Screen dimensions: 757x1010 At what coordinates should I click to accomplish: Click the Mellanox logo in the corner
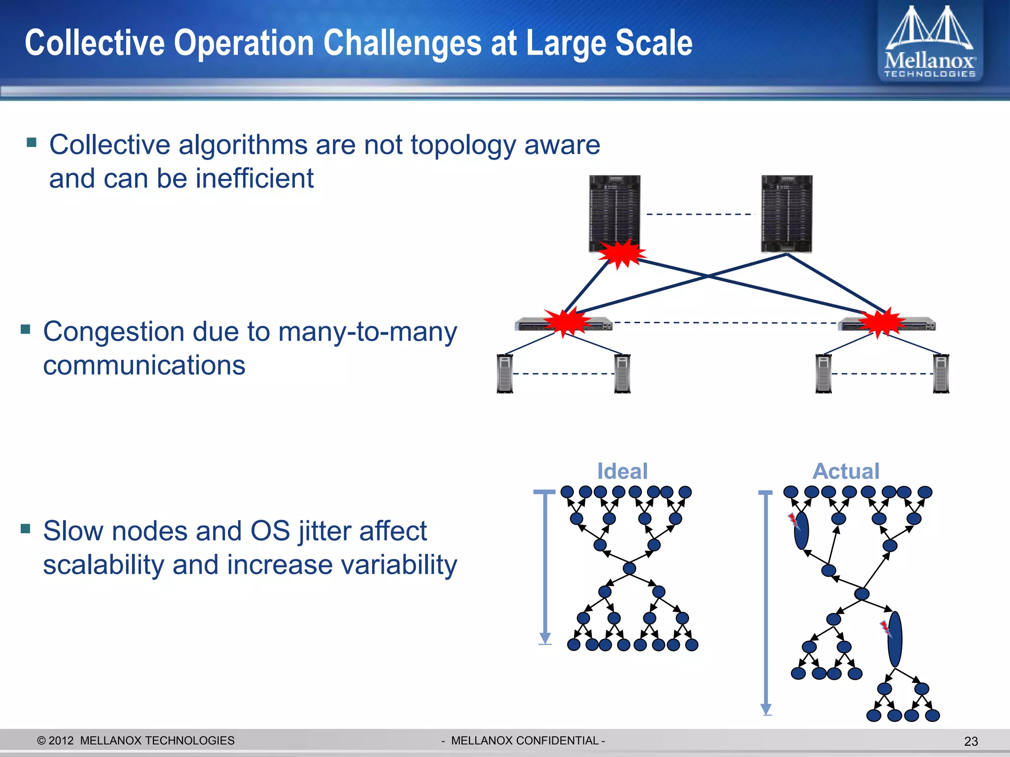tap(930, 42)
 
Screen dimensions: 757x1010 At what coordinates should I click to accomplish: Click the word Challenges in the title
tap(401, 43)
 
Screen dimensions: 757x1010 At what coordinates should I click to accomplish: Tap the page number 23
tap(971, 741)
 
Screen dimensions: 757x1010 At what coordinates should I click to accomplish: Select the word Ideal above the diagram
tap(622, 471)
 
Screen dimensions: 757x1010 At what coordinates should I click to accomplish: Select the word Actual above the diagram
tap(846, 471)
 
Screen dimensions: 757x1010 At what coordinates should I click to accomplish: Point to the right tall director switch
tap(787, 214)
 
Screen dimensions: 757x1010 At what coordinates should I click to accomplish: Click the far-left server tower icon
tap(505, 374)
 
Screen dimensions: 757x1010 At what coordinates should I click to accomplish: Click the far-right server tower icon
tap(941, 374)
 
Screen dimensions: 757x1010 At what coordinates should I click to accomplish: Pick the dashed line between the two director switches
tap(700, 214)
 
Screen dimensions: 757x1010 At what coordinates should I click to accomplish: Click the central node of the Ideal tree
tap(629, 568)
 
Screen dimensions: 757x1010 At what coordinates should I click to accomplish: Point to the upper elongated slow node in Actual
tap(801, 530)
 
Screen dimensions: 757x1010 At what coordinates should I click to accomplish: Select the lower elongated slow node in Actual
tap(895, 639)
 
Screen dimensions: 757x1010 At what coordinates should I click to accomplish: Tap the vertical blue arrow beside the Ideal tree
tap(545, 567)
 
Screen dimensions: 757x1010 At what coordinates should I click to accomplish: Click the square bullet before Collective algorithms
tap(32, 142)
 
